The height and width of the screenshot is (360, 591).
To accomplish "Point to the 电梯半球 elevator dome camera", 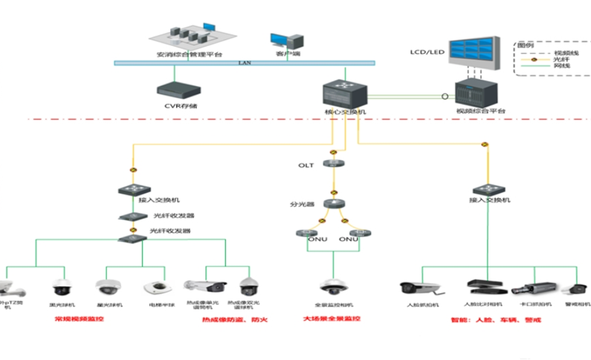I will pyautogui.click(x=156, y=288).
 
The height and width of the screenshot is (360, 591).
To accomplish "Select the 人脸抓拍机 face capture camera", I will pyautogui.click(x=415, y=289).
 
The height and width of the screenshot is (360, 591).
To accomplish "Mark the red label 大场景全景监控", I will pyautogui.click(x=332, y=319).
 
